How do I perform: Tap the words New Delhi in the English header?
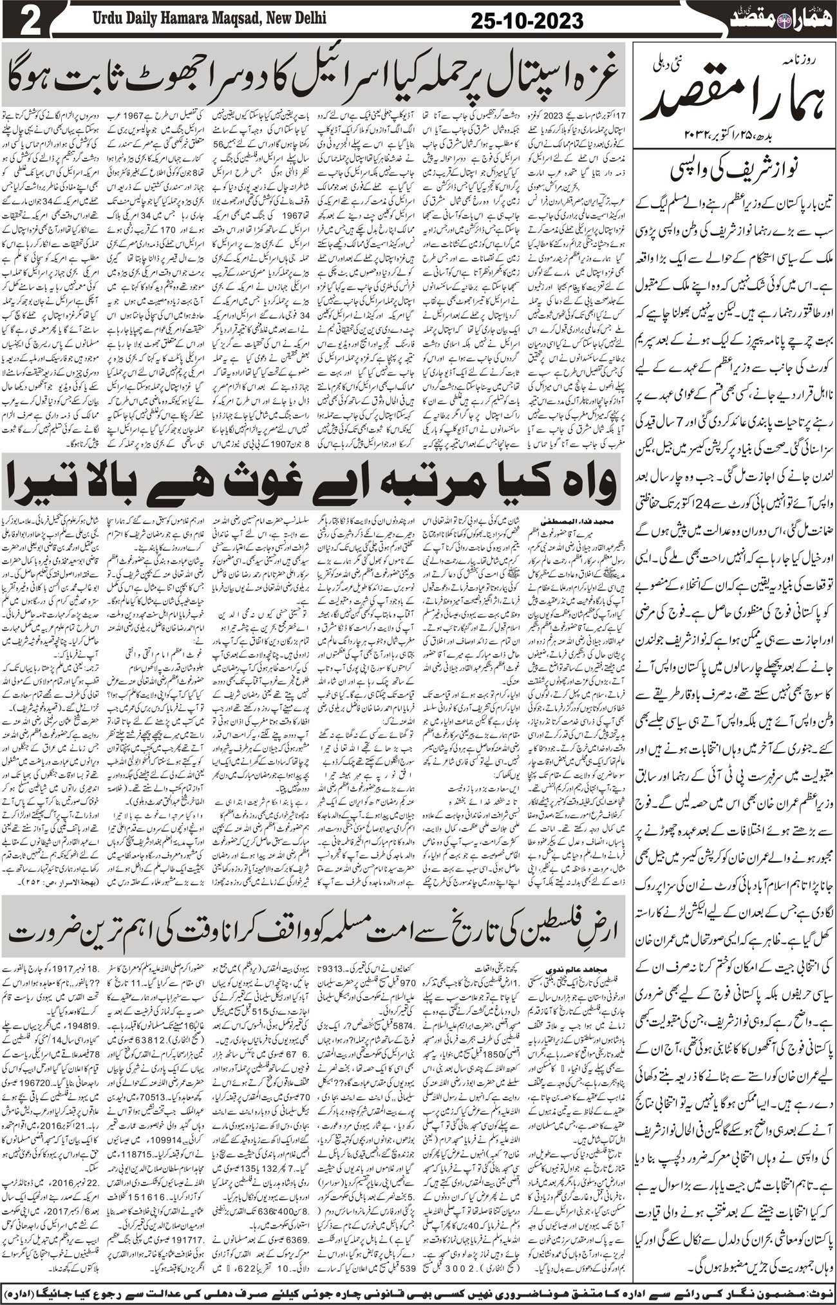pos(297,17)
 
